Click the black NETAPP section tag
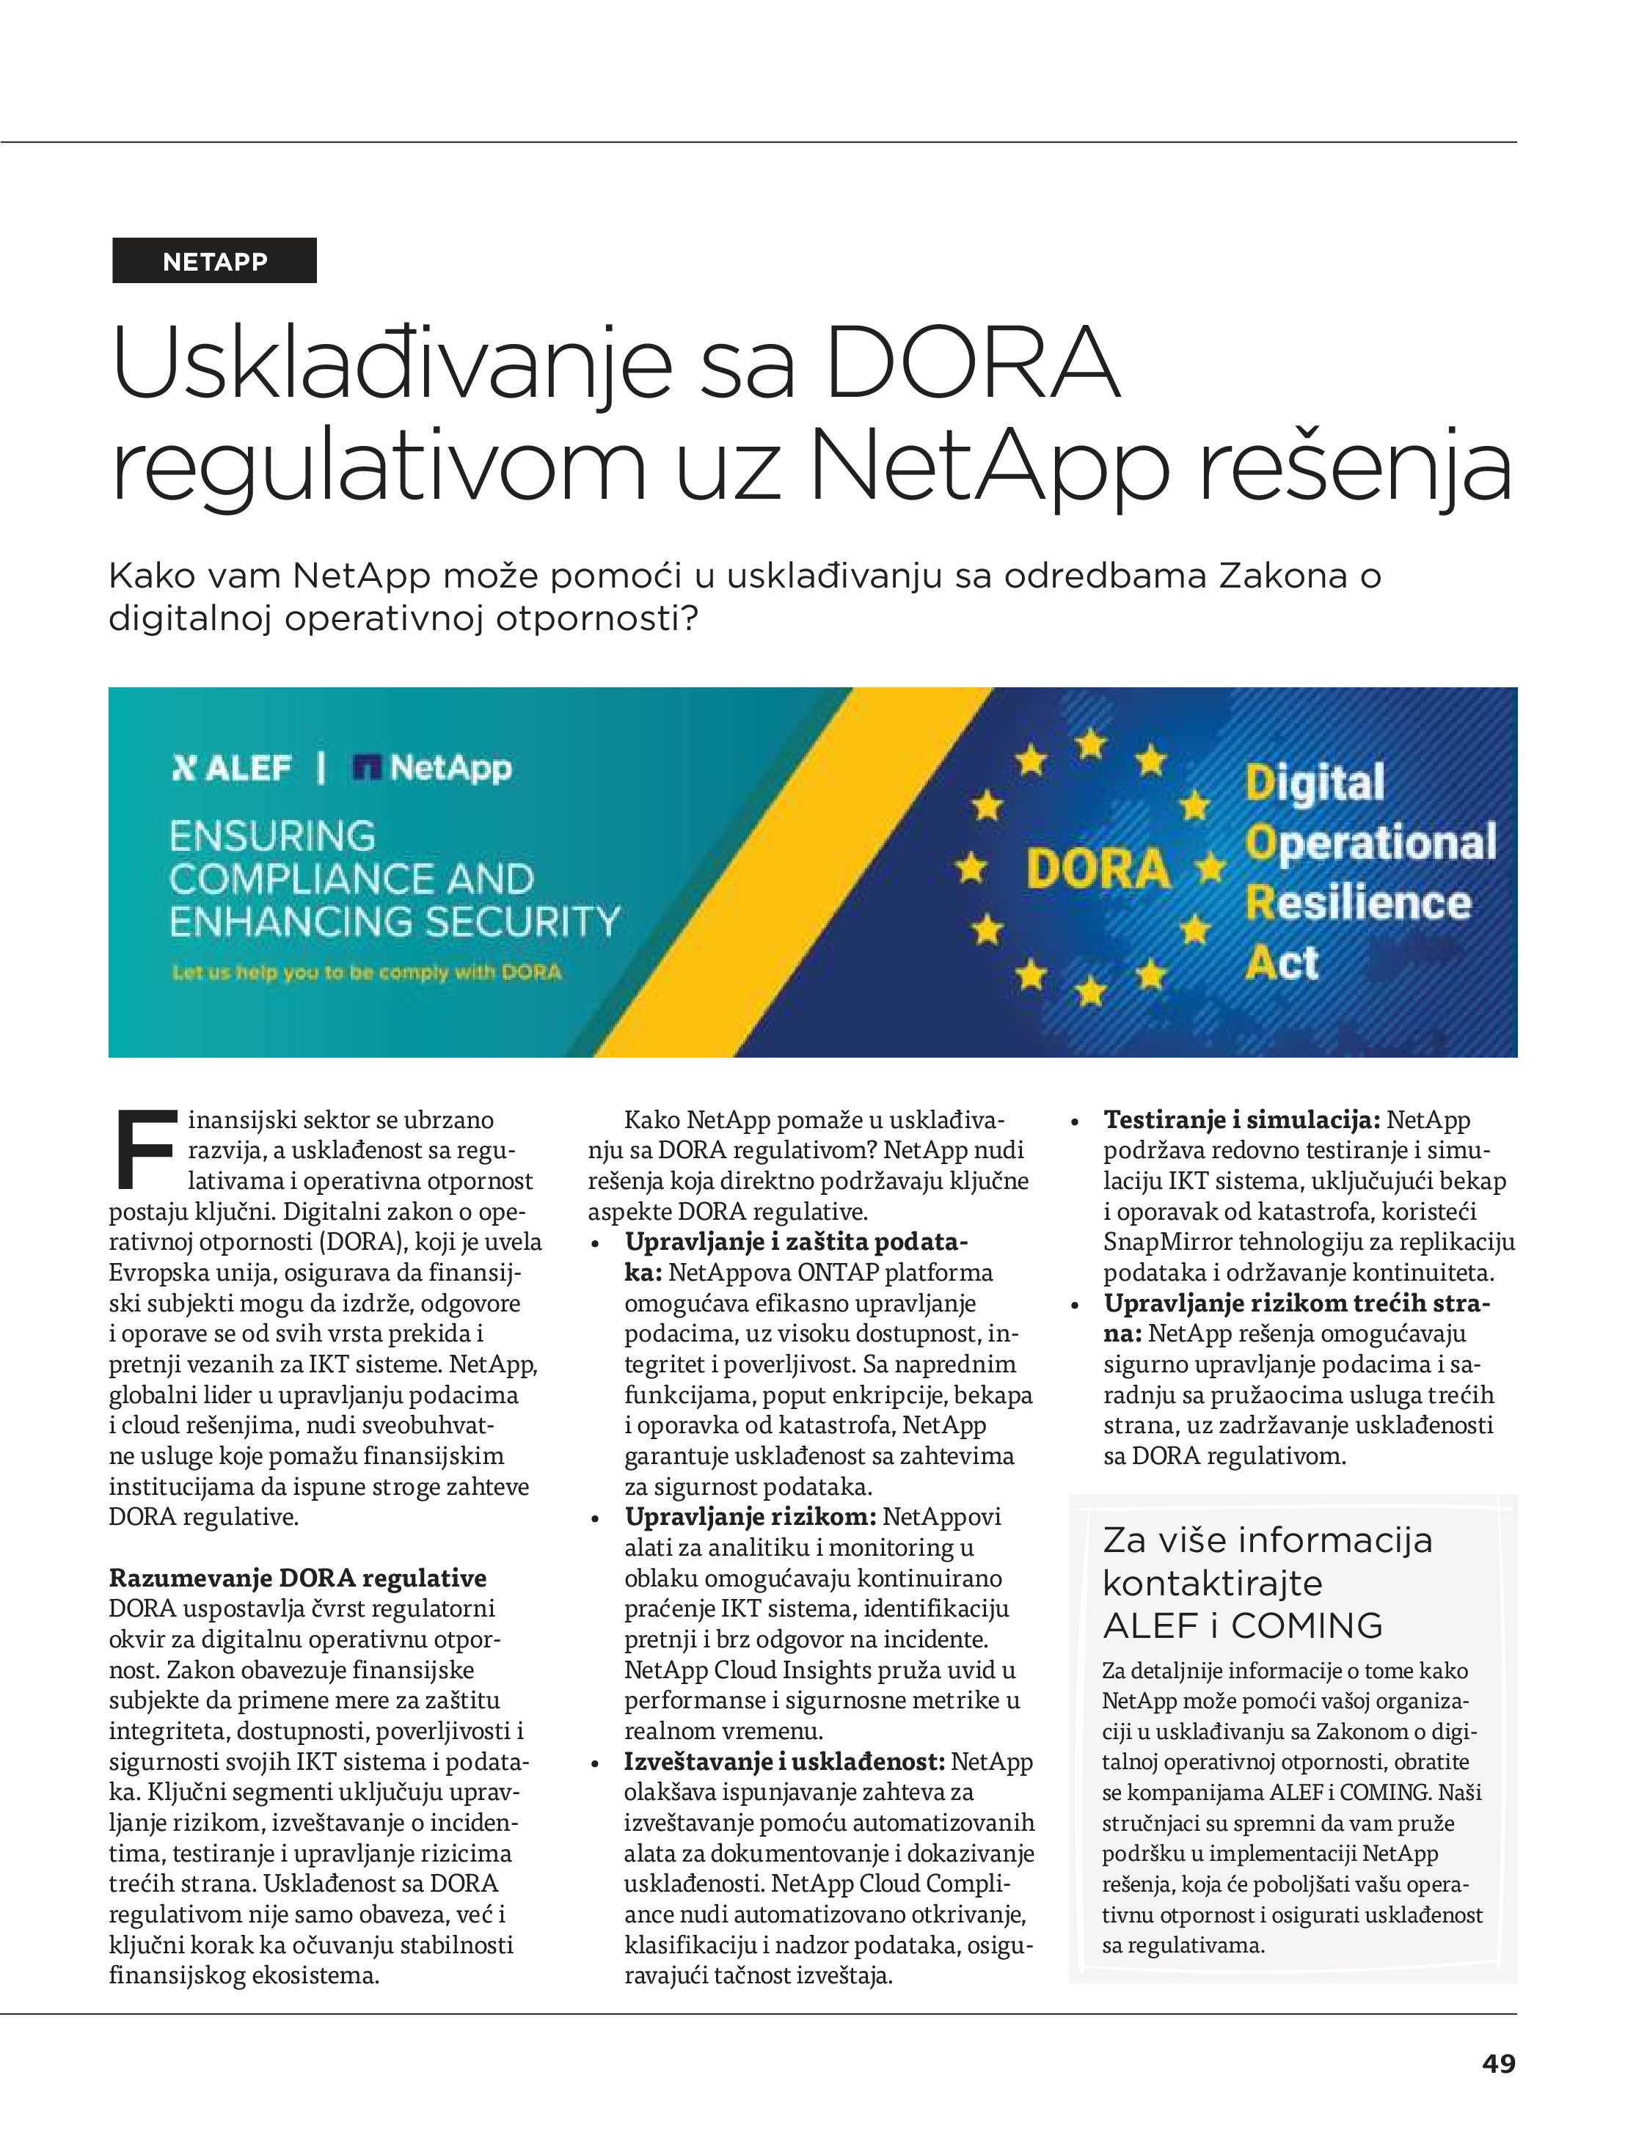tap(214, 260)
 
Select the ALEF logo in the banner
tap(231, 769)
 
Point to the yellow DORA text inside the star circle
tap(1098, 868)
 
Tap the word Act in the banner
tap(1281, 962)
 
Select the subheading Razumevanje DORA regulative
tap(296, 1578)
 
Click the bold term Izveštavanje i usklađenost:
tap(784, 1761)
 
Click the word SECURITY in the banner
tap(524, 921)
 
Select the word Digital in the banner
tap(1315, 783)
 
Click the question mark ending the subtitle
tap(688, 618)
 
